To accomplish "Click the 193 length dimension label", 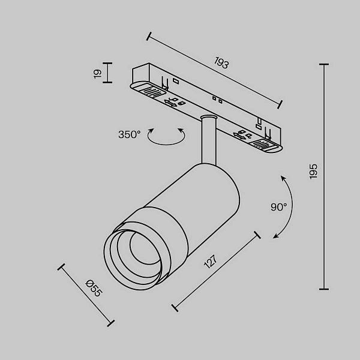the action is [221, 62].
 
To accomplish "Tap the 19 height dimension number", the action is [97, 74].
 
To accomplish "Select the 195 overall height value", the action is [313, 171].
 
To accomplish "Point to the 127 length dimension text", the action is [211, 262].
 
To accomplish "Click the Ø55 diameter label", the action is [94, 288].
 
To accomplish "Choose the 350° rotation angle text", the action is [129, 134].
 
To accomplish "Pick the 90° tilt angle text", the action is [279, 207].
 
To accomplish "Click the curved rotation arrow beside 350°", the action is [166, 144].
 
